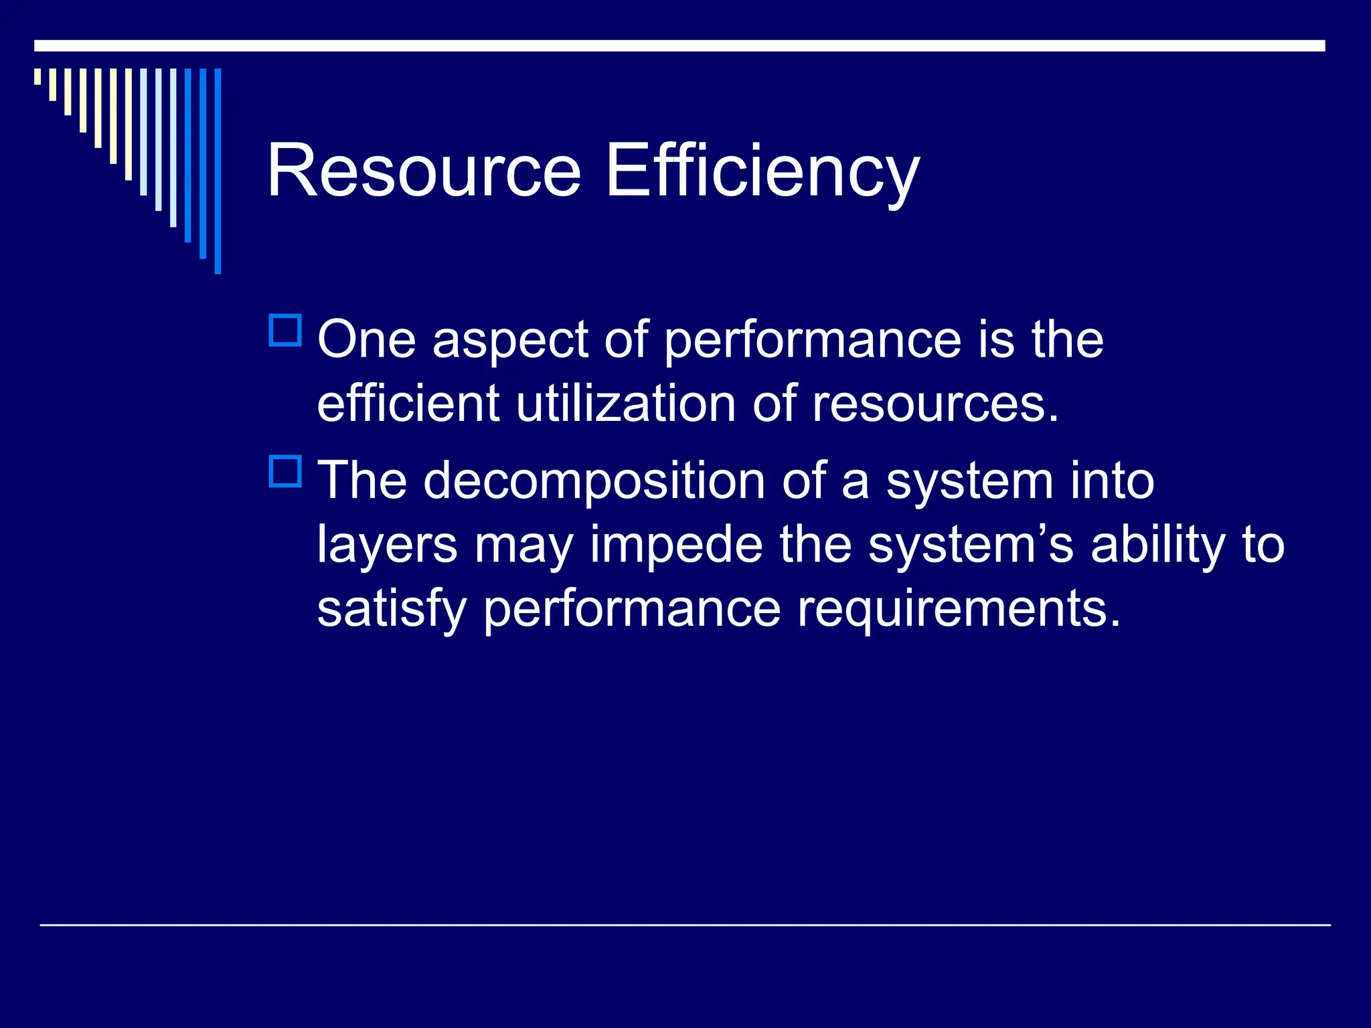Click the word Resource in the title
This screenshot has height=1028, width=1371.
pyautogui.click(x=424, y=171)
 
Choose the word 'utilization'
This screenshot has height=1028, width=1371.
pyautogui.click(x=626, y=404)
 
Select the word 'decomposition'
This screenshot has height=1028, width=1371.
pyautogui.click(x=594, y=482)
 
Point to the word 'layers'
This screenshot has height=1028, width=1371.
pyautogui.click(x=388, y=545)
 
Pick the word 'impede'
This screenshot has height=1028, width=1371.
pyautogui.click(x=676, y=545)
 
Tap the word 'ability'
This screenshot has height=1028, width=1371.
pyautogui.click(x=1158, y=545)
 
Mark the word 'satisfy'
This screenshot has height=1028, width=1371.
pyautogui.click(x=392, y=609)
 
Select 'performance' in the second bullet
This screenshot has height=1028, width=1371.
pyautogui.click(x=632, y=609)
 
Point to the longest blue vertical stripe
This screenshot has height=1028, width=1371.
pyautogui.click(x=218, y=171)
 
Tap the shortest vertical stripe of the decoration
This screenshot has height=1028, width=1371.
pyautogui.click(x=37, y=76)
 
